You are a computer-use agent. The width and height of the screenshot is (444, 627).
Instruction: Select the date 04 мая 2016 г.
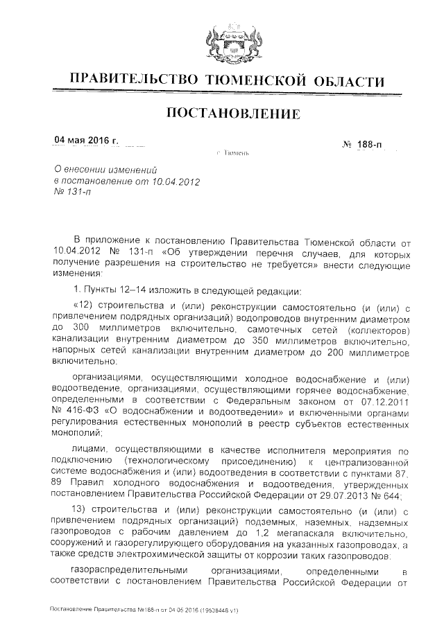click(x=87, y=141)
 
